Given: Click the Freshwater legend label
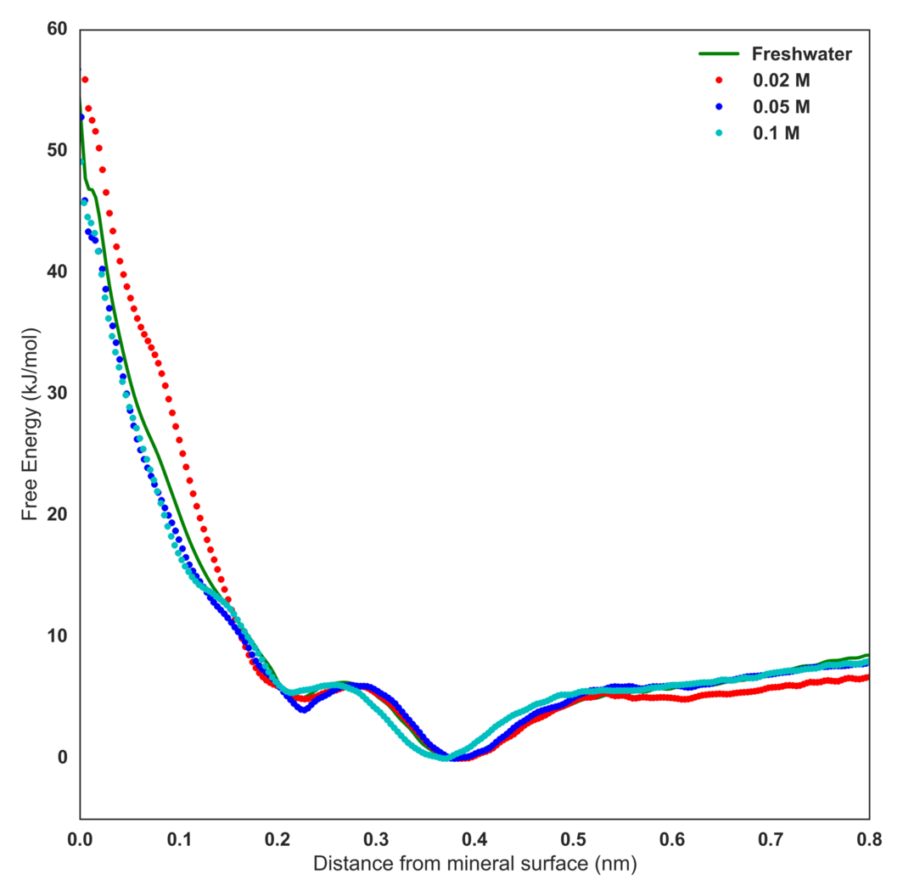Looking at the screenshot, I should pos(801,55).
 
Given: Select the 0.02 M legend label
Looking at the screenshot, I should pos(782,81).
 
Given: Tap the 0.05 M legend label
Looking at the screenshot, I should pos(782,108).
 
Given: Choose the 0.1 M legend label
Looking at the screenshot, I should pos(777,133).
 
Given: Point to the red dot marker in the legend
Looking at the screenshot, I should pos(720,81).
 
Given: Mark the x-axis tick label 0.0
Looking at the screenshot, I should pos(81,839).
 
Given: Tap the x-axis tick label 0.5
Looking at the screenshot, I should pos(574,839).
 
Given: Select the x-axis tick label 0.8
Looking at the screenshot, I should pos(867,839).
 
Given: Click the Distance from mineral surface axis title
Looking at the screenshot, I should pos(474,865).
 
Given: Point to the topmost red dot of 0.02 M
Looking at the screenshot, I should pos(85,80).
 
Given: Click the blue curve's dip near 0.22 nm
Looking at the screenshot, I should pos(303,710).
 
